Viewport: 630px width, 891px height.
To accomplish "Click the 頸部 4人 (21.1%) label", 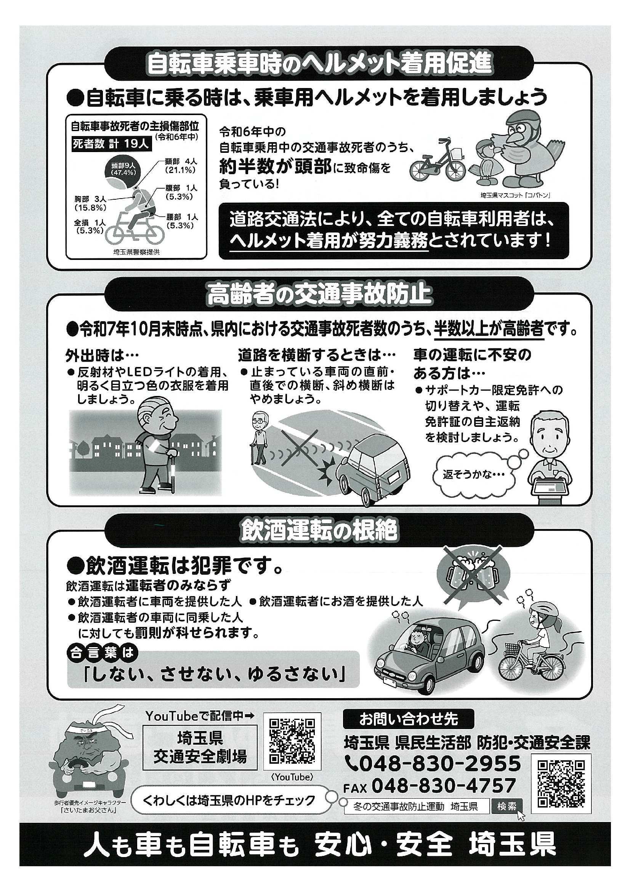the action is (181, 165).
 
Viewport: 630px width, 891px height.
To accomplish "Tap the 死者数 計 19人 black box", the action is (111, 144).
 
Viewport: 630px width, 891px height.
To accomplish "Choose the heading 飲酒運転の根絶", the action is (319, 530).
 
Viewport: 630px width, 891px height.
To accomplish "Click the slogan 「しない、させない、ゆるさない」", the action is (214, 674).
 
